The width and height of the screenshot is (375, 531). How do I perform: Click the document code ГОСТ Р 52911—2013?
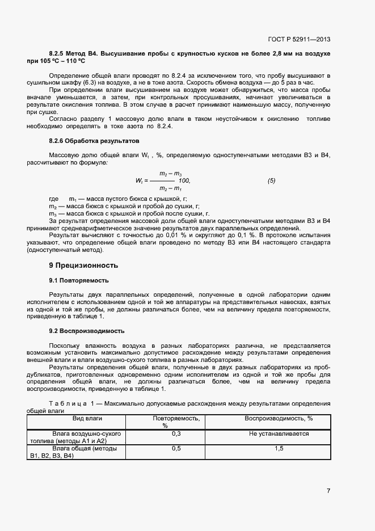pyautogui.click(x=299, y=39)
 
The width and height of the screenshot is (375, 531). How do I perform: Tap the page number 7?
pyautogui.click(x=328, y=491)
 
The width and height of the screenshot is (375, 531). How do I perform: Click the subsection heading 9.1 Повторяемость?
pyautogui.click(x=79, y=280)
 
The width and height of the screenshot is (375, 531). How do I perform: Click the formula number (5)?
pyautogui.click(x=271, y=180)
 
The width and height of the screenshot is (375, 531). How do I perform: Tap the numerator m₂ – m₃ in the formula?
pyautogui.click(x=170, y=173)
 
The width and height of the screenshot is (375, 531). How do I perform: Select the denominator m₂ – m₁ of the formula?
pyautogui.click(x=170, y=188)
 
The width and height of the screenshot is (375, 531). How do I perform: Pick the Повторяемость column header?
pyautogui.click(x=176, y=418)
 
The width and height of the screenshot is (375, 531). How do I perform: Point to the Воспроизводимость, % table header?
pyautogui.click(x=279, y=418)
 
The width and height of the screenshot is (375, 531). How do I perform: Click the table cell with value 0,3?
pyautogui.click(x=176, y=433)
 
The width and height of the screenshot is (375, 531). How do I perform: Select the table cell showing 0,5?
pyautogui.click(x=176, y=448)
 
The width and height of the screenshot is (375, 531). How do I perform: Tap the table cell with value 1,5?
pyautogui.click(x=279, y=448)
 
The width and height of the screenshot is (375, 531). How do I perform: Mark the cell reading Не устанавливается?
pyautogui.click(x=279, y=433)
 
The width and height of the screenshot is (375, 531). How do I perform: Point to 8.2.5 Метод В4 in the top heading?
pyautogui.click(x=74, y=53)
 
